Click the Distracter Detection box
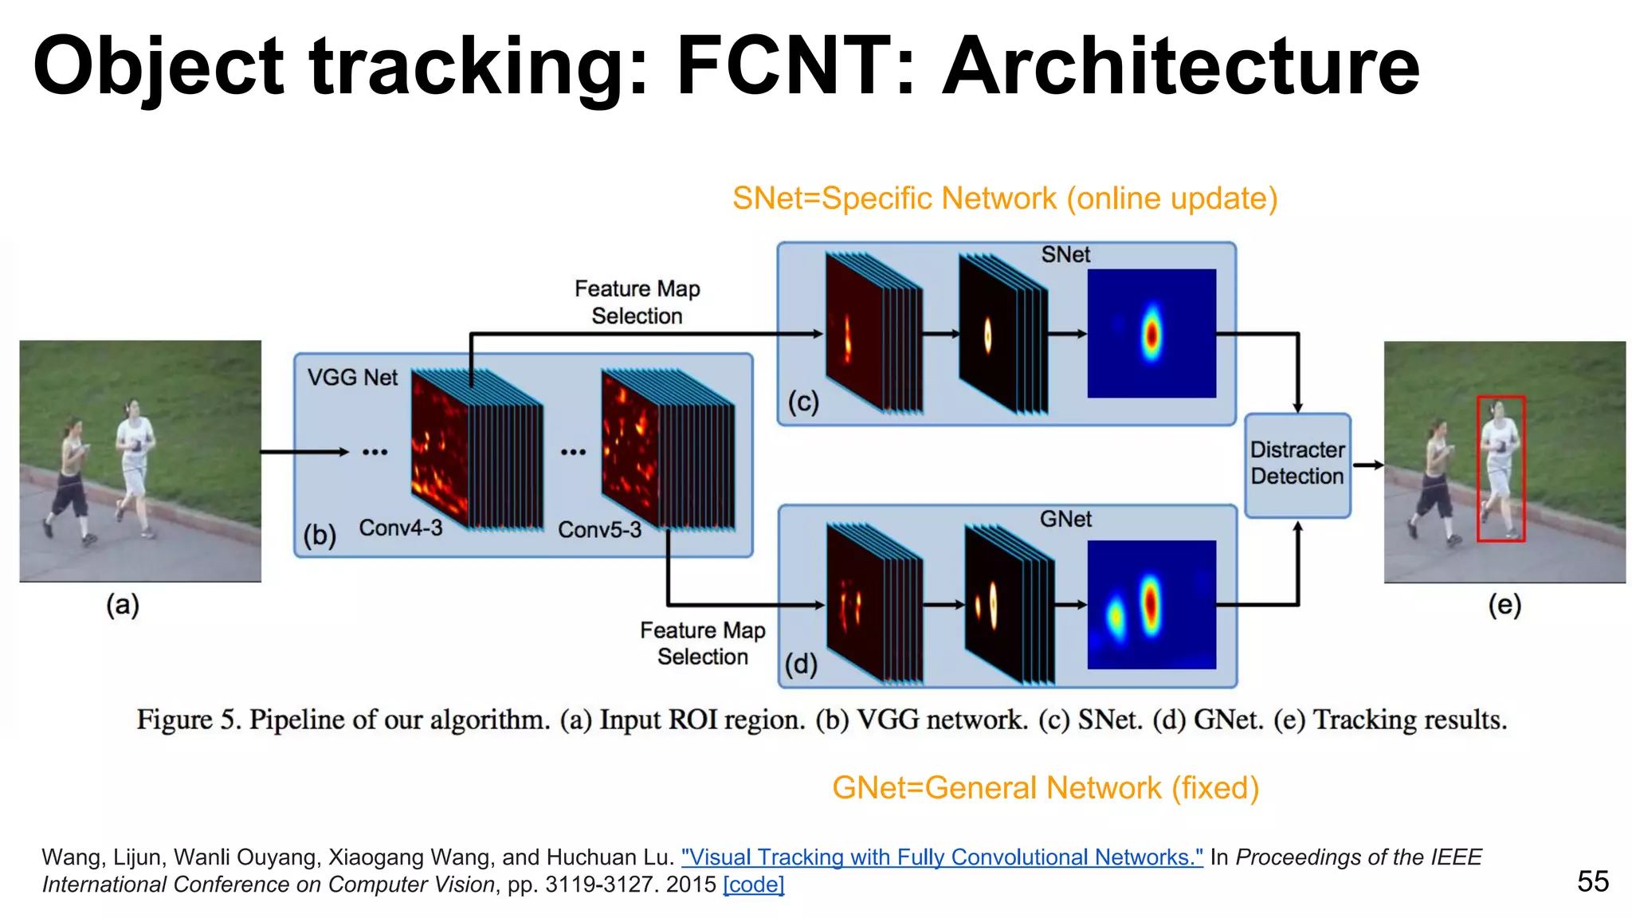click(1297, 464)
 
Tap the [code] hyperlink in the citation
click(753, 885)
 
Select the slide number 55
click(1592, 881)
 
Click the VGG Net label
click(352, 378)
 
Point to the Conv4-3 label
click(400, 528)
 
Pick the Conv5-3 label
click(599, 530)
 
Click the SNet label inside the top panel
click(1065, 255)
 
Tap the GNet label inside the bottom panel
click(1065, 520)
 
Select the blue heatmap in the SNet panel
click(1151, 333)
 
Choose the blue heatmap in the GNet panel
click(1151, 605)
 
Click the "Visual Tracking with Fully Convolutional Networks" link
click(942, 857)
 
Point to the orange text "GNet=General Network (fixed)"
click(1045, 788)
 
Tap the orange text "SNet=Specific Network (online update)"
click(1005, 198)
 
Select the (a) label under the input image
click(123, 605)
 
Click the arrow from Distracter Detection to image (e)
click(1367, 465)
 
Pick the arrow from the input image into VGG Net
click(304, 452)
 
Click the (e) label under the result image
click(1504, 605)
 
